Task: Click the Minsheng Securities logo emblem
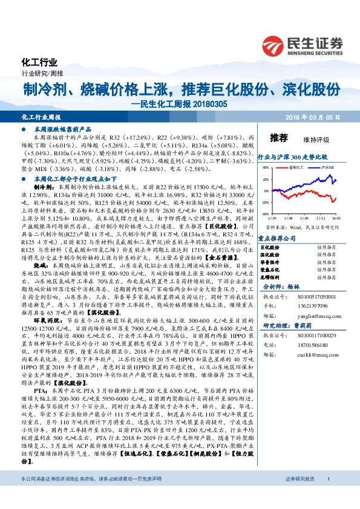click(276, 44)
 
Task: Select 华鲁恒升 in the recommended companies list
click(270, 263)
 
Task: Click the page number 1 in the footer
click(327, 496)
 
